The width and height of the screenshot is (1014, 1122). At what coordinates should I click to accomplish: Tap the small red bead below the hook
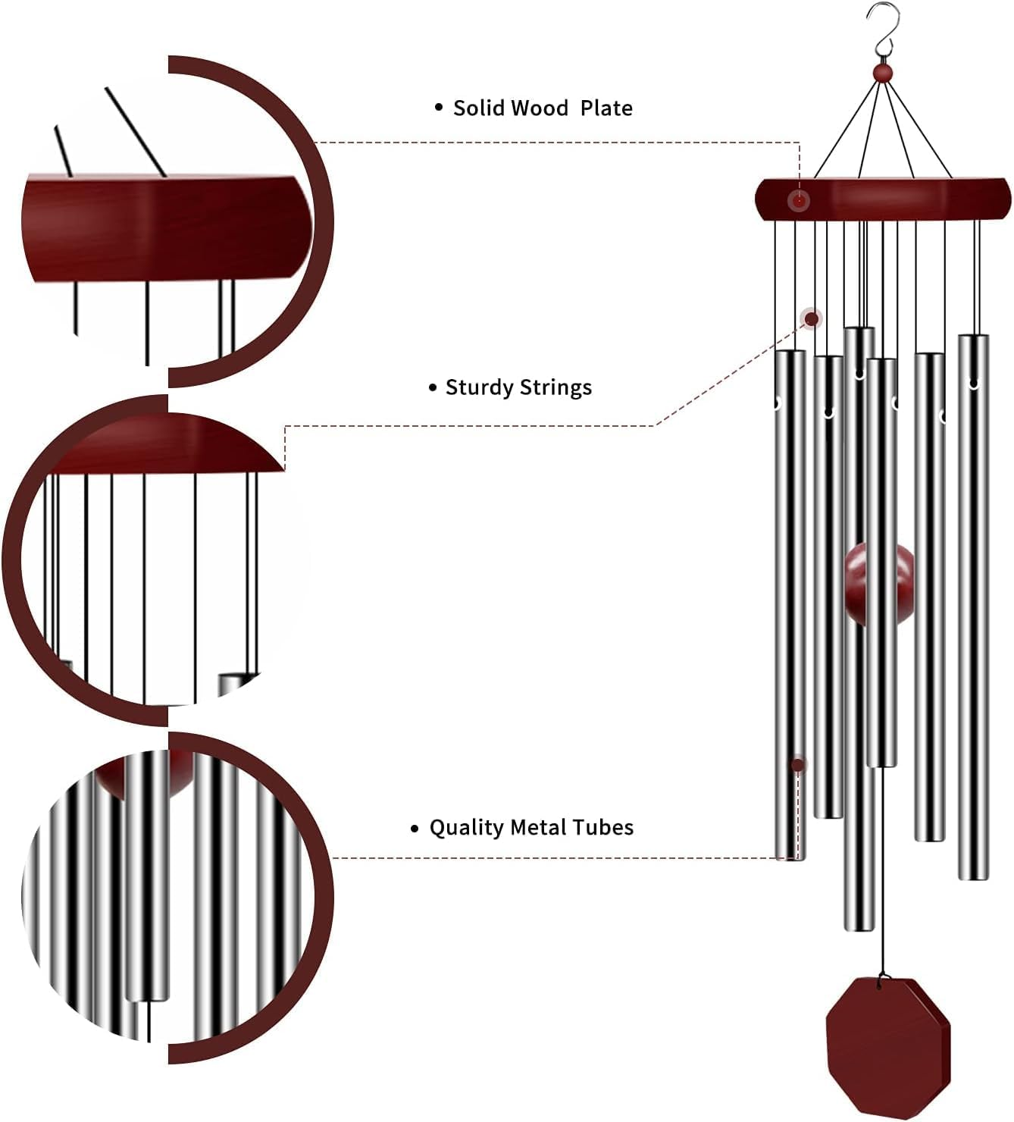click(x=882, y=73)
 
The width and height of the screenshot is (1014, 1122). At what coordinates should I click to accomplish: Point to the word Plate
click(x=606, y=108)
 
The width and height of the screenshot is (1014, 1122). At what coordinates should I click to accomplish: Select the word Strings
click(x=556, y=388)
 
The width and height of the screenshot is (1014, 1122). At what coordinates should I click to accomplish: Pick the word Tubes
click(x=603, y=827)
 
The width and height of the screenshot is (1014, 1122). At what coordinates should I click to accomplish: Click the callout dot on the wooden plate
click(x=798, y=201)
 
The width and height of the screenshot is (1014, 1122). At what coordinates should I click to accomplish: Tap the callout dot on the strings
click(x=812, y=318)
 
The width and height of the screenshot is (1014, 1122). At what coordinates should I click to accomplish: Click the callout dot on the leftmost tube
click(x=797, y=765)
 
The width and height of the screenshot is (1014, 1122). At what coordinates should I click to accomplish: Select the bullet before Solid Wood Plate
click(x=438, y=108)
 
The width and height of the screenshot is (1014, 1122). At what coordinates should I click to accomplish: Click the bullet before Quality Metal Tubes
click(x=415, y=828)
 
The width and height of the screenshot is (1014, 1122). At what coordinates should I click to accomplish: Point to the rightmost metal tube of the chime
click(x=973, y=606)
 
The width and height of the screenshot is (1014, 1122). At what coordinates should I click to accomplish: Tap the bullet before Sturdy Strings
click(x=433, y=388)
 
